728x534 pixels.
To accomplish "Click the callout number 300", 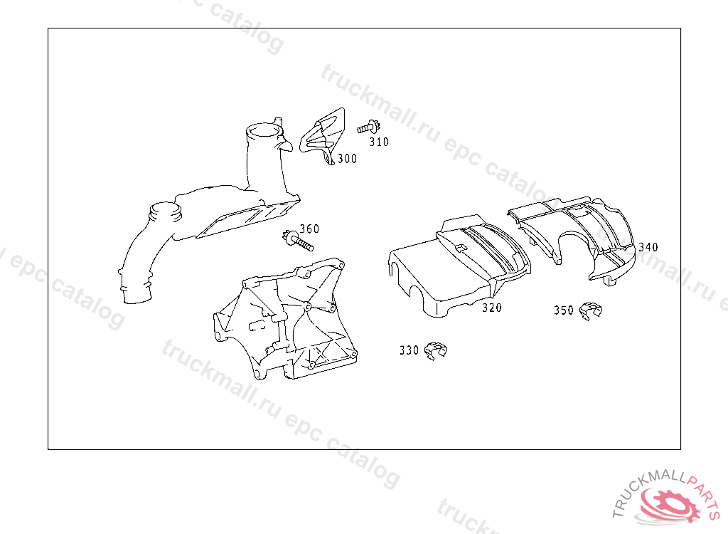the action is pos(347,159).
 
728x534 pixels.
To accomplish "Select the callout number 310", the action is pos(379,142).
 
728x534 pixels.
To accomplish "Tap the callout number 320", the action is pos(492,308).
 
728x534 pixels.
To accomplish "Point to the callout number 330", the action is pos(409,350).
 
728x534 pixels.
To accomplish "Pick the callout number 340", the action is pos(648,247).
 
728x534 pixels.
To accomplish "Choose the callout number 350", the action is pos(564,310).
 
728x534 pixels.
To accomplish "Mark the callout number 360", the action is pos(309,229).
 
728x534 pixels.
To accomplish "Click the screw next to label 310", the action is pos(369,127).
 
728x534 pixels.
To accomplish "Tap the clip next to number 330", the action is pos(436,351).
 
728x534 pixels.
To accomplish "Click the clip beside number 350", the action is pos(591,310).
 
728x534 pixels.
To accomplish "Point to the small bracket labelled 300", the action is pos(323,136).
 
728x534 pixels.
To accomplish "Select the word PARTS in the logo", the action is pos(705,494).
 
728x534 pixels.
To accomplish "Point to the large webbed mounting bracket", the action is pos(285,319).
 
